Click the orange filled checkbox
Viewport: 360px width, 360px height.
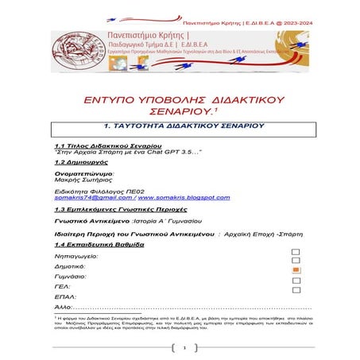coord(296,270)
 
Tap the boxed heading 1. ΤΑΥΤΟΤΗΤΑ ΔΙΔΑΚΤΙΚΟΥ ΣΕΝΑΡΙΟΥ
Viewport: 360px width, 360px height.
coord(184,126)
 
